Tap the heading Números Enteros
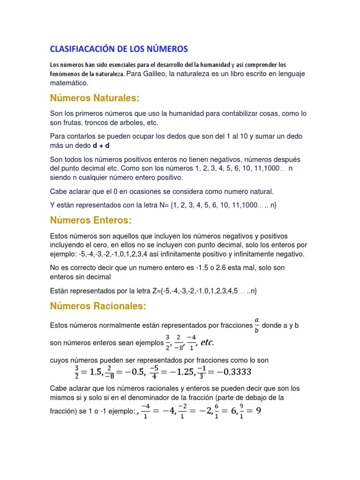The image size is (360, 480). (91, 220)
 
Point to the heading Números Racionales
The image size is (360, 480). (98, 306)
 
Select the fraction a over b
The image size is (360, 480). (256, 325)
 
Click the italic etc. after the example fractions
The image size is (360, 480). (207, 343)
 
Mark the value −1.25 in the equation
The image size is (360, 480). (177, 372)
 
